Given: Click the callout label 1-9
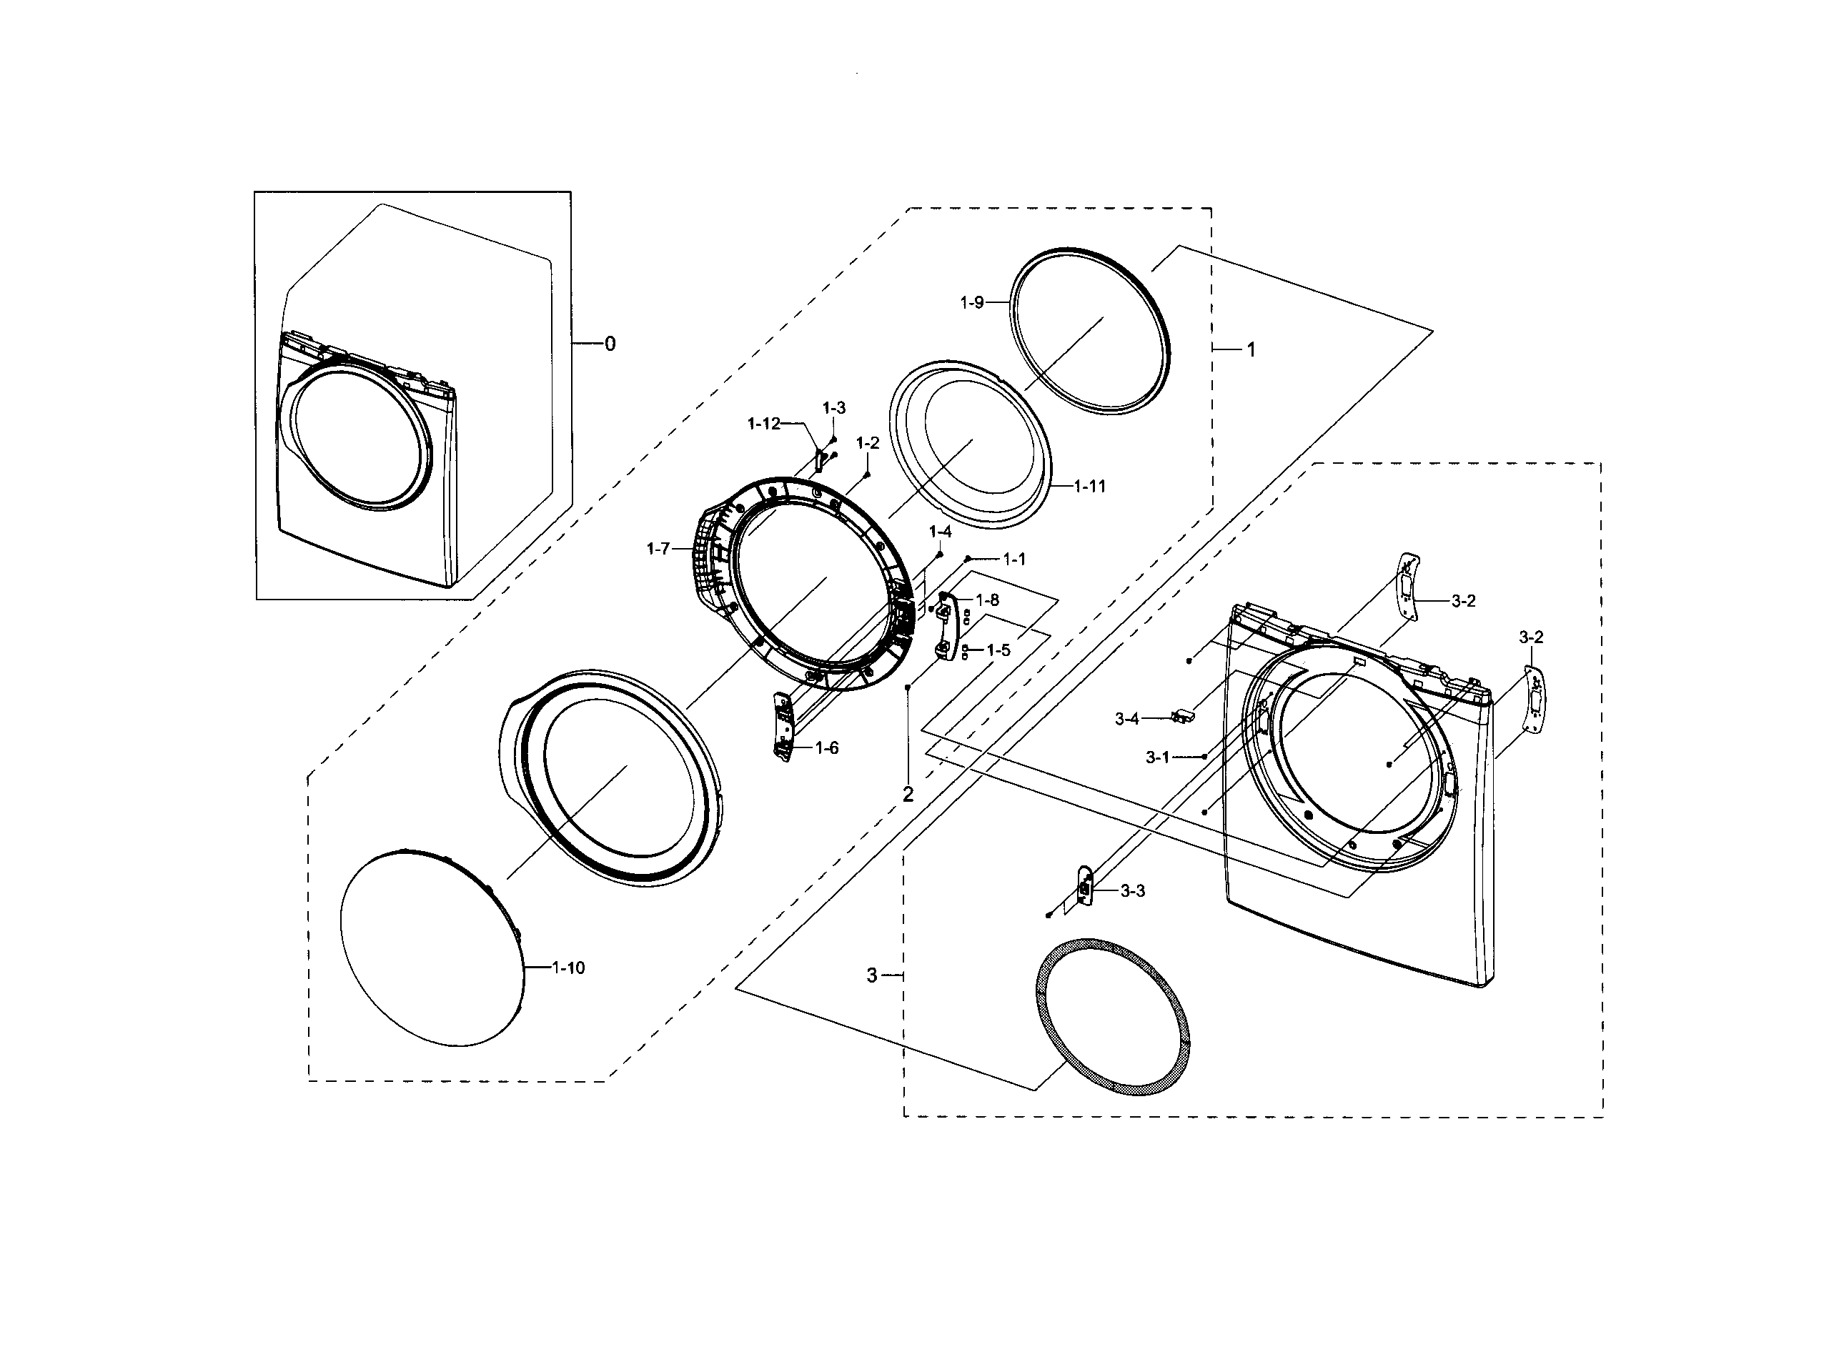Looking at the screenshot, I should [971, 303].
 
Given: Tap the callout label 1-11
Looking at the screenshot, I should [1089, 487].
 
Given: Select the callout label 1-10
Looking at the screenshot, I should [567, 968].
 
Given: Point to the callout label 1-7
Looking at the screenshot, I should [658, 549].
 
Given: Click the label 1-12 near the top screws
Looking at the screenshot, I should [763, 424].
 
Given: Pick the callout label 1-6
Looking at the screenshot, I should [826, 748].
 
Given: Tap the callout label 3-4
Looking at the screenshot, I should [1126, 719].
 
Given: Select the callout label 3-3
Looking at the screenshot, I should [1132, 891].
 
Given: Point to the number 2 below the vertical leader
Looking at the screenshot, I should [908, 795].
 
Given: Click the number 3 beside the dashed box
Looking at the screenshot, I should [872, 975].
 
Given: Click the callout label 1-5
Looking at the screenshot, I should [998, 650].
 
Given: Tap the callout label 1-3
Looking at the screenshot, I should [833, 408].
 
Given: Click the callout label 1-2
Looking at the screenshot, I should [867, 444].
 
